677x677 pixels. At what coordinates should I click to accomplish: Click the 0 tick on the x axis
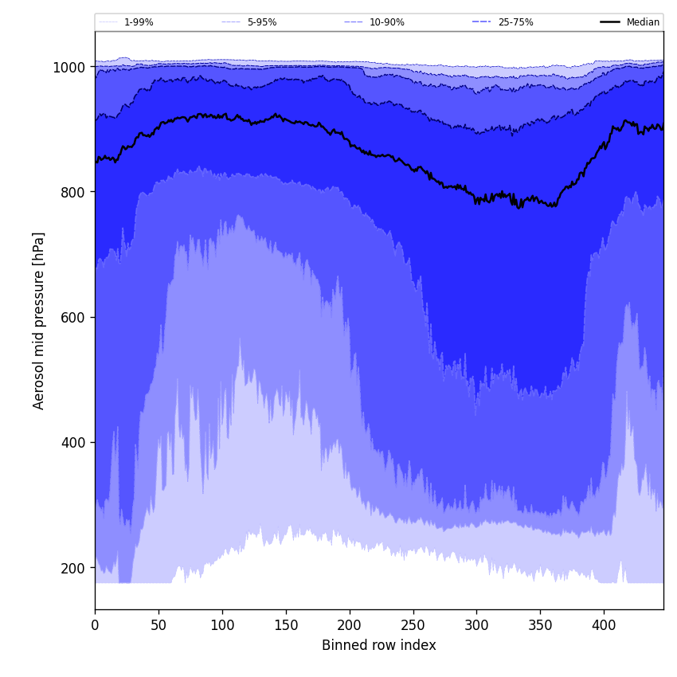[x=95, y=625]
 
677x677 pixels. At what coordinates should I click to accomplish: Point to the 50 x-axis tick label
[x=158, y=625]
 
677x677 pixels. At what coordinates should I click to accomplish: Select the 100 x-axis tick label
[x=222, y=625]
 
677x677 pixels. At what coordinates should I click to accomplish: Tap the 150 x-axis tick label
[x=286, y=625]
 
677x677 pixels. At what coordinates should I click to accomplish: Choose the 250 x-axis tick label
[x=413, y=625]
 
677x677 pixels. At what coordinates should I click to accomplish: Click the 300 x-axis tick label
[x=476, y=625]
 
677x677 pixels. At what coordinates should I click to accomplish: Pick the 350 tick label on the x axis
[x=540, y=625]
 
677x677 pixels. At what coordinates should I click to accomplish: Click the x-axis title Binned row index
[x=379, y=645]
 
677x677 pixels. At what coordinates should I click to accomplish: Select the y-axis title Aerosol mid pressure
[x=39, y=320]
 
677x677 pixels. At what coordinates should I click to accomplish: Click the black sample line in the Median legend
[x=611, y=22]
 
